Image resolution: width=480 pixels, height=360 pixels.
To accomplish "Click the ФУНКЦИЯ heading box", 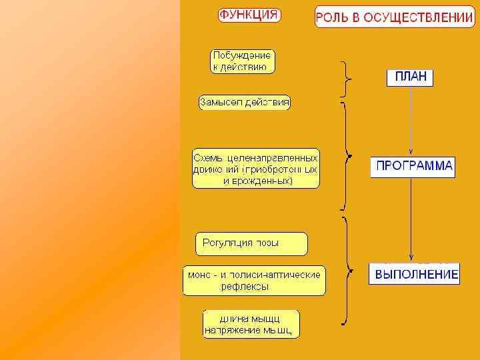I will (249, 15).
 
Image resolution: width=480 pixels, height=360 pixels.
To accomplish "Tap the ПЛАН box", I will (410, 77).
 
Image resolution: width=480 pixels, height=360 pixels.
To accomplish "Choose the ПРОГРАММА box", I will (413, 166).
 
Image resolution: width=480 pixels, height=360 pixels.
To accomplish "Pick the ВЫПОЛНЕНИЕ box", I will (414, 274).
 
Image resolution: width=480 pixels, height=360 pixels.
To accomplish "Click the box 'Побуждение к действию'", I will (243, 61).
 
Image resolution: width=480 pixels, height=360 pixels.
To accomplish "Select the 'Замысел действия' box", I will (244, 103).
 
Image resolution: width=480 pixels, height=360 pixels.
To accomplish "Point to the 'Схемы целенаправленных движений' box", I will (256, 168).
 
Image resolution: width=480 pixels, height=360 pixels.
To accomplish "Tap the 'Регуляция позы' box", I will (251, 243).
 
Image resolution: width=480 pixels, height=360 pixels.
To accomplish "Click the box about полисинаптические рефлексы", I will (254, 280).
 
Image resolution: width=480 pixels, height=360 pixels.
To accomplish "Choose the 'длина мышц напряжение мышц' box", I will (251, 323).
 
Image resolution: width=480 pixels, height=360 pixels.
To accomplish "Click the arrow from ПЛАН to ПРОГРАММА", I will (411, 120).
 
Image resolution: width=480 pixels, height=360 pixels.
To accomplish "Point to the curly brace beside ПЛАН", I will (346, 79).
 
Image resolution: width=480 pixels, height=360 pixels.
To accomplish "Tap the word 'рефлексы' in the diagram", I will (245, 287).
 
